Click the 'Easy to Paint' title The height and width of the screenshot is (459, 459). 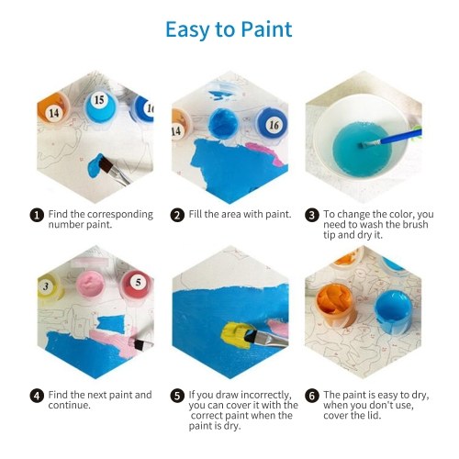229,30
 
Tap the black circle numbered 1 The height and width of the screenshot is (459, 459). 37,215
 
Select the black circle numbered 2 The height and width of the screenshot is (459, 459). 177,215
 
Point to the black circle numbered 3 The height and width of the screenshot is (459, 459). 312,215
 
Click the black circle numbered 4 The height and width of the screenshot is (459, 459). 37,396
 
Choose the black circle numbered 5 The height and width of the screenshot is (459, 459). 177,396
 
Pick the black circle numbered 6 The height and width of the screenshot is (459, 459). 312,396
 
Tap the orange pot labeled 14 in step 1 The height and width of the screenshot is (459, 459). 52,109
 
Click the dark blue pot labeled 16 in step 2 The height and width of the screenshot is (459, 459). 272,123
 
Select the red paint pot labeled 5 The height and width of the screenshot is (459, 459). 137,284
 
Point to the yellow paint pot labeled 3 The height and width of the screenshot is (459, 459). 49,287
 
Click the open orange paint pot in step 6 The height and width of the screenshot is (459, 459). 336,305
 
